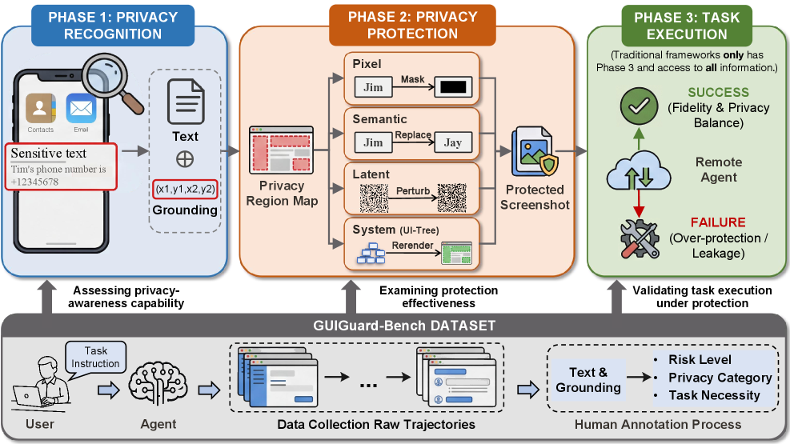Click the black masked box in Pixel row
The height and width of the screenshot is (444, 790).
tap(453, 87)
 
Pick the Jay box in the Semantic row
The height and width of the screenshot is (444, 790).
tap(453, 143)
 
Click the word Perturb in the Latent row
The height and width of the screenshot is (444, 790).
tap(412, 191)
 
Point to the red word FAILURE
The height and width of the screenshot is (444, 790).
tap(718, 222)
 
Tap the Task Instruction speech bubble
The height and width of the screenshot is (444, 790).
tap(96, 357)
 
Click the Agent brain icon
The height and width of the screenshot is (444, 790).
tap(153, 382)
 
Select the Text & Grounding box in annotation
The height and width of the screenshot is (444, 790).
tap(588, 379)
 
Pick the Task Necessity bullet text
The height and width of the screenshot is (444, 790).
tap(714, 394)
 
